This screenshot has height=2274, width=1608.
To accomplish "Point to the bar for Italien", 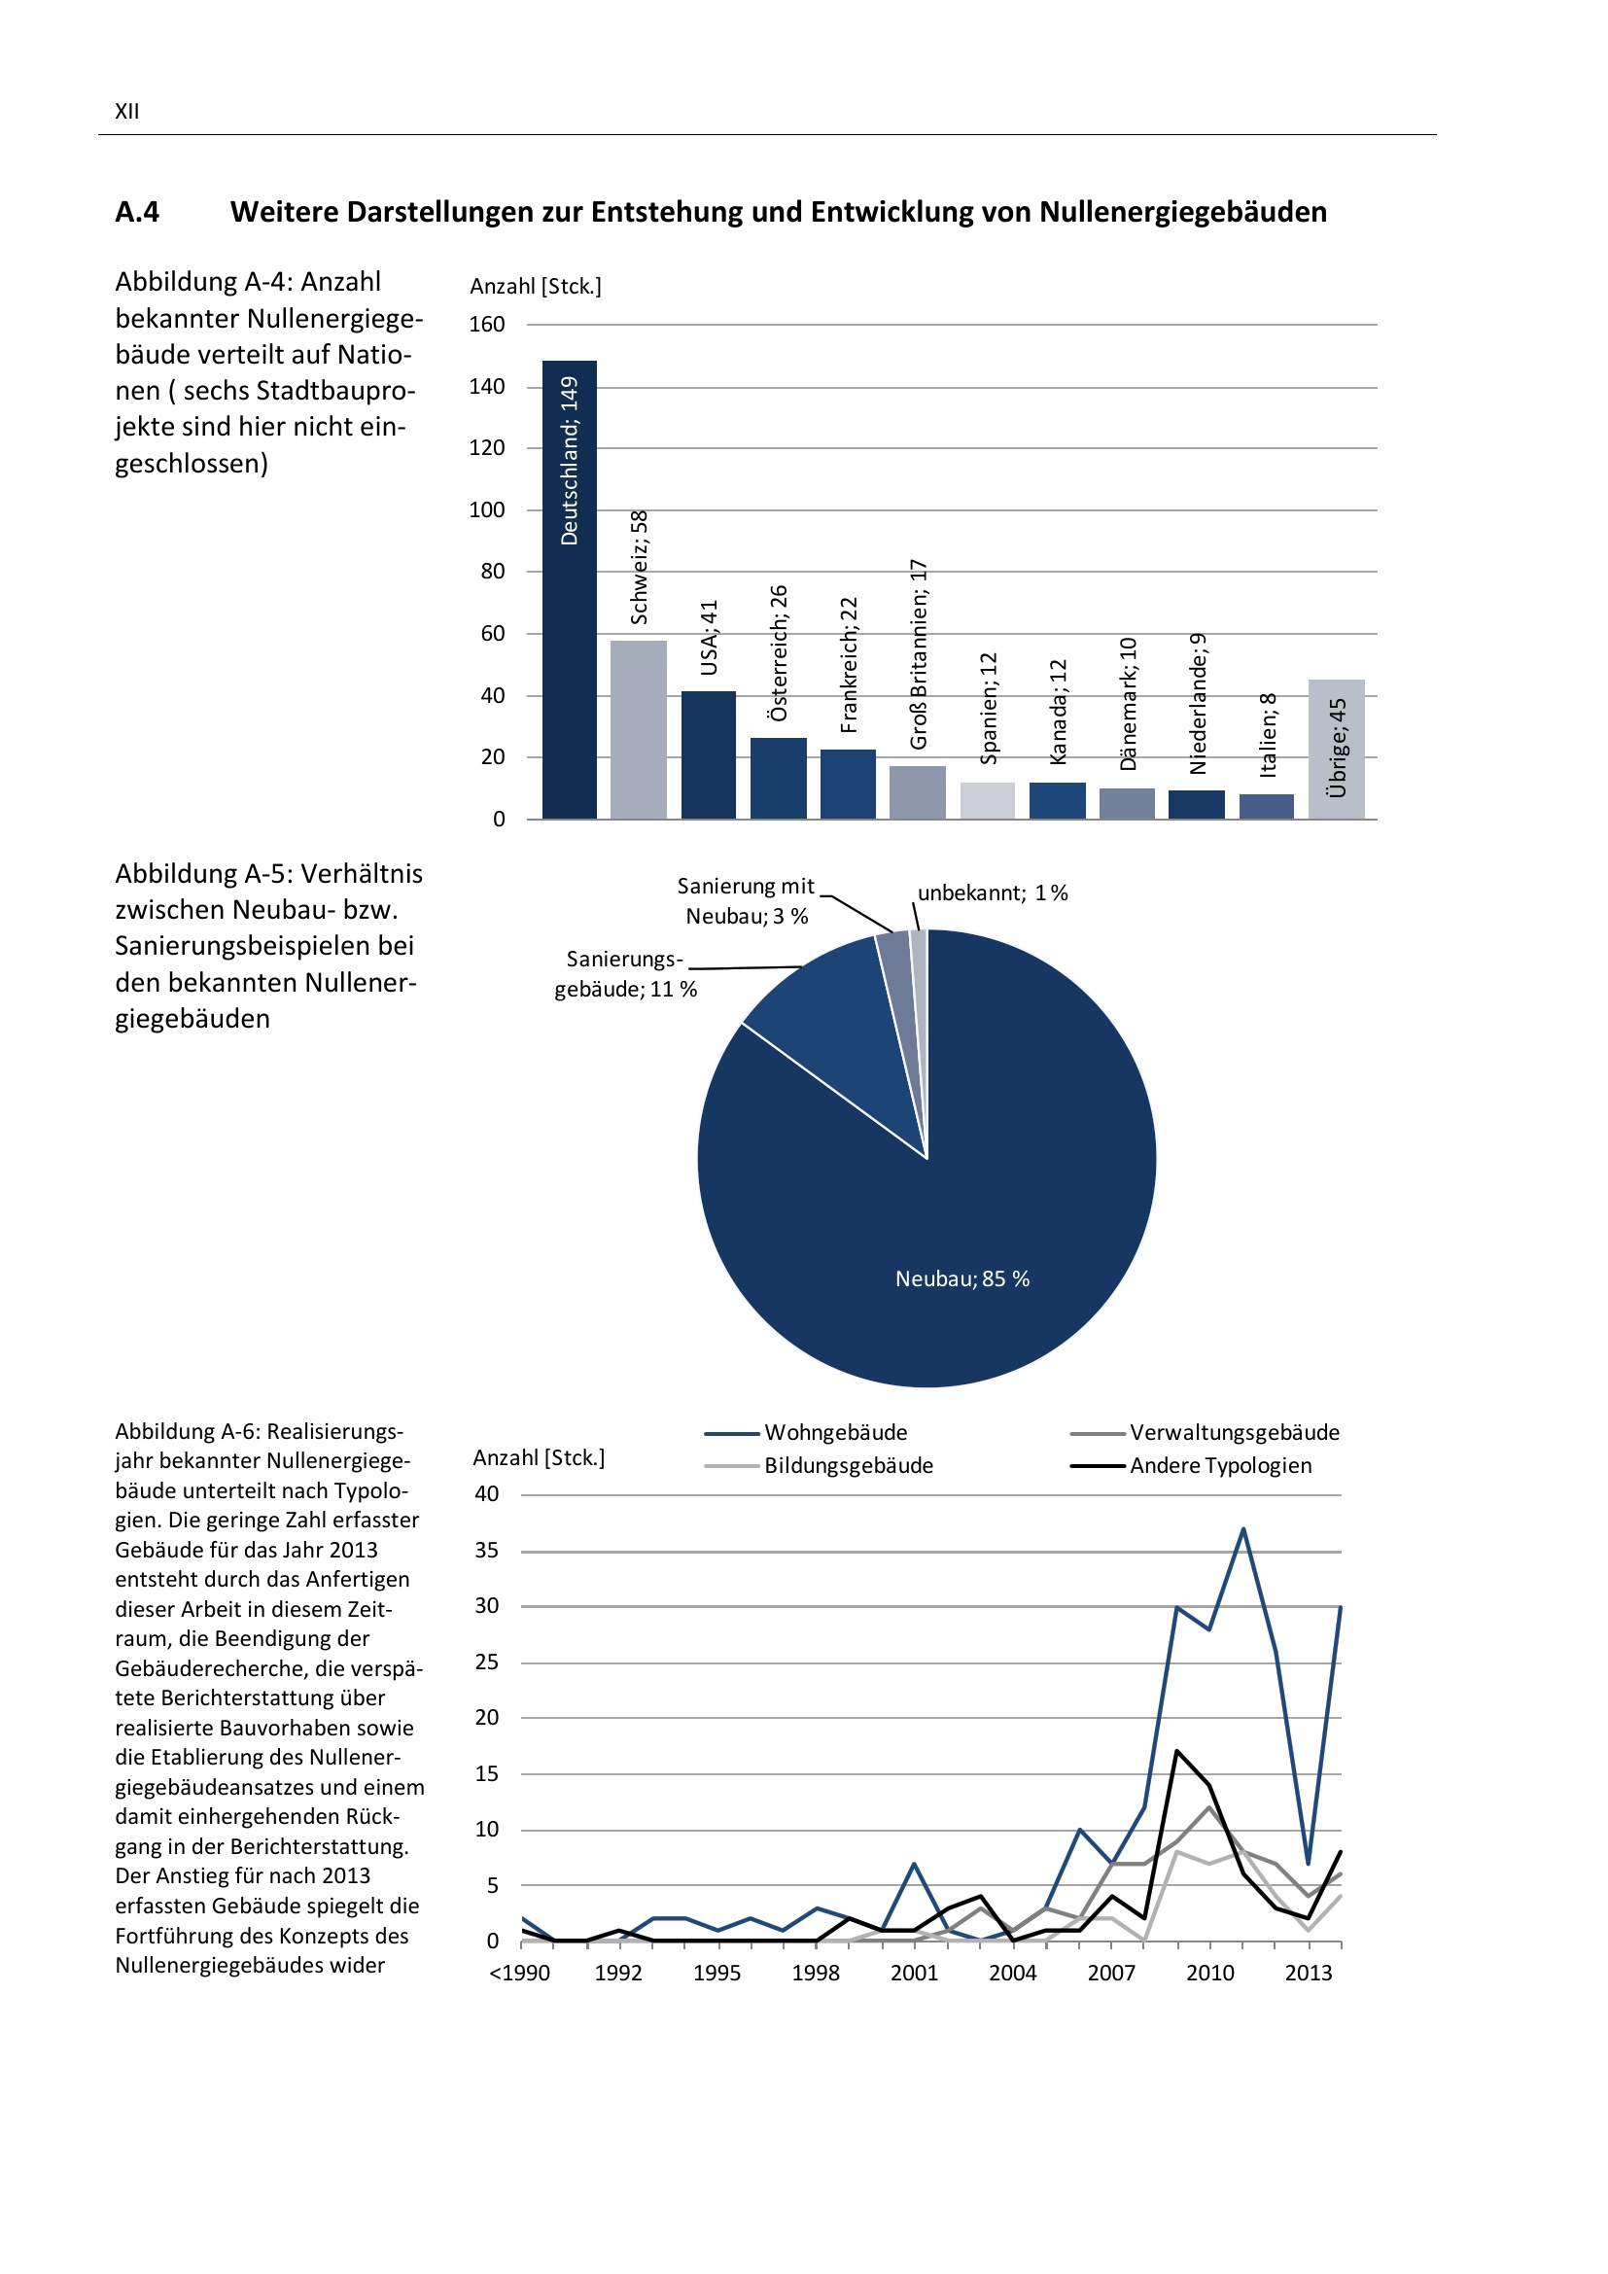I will click(1267, 806).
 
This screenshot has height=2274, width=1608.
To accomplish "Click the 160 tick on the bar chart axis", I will click(486, 325).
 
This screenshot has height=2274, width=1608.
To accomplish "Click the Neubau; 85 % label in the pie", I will click(962, 1278).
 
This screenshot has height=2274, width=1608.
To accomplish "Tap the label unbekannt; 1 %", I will click(993, 893).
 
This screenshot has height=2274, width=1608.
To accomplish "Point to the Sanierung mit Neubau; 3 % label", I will click(747, 901).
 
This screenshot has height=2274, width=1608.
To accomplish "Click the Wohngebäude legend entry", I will click(835, 1432).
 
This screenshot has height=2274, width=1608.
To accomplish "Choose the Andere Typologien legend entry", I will click(1220, 1466).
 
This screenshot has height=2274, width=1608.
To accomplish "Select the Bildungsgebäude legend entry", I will click(848, 1466).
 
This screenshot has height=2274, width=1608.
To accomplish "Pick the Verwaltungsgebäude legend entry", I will click(1234, 1432).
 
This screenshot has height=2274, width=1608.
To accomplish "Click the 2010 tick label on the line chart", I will click(1210, 1973).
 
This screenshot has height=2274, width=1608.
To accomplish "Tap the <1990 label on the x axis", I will click(520, 1973).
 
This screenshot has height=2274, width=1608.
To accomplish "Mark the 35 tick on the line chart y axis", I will click(486, 1550).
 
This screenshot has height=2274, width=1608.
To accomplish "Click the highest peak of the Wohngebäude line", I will click(1243, 1529).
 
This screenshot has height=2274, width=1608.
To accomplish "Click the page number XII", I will click(126, 111).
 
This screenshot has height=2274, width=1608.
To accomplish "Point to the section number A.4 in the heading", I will click(137, 212).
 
